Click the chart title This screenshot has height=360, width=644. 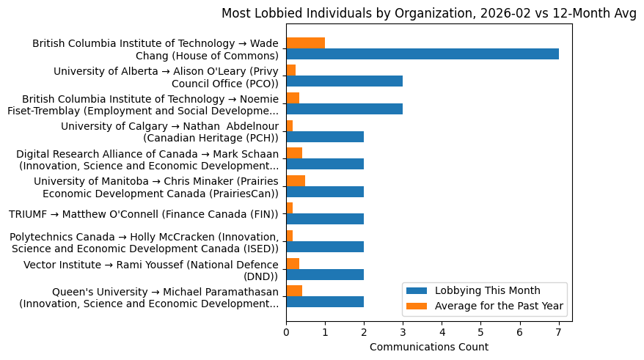tap(429, 13)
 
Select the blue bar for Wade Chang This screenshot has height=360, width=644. tap(422, 54)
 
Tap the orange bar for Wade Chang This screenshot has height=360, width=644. tap(306, 43)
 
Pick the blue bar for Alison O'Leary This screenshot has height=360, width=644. tap(345, 81)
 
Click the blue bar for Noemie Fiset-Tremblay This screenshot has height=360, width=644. tap(345, 109)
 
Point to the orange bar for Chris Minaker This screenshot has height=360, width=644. tap(296, 180)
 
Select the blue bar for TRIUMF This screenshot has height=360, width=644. tap(325, 219)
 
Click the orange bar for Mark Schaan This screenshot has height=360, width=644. tap(294, 153)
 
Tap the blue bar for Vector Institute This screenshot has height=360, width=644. tap(325, 274)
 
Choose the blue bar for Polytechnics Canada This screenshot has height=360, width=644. tap(325, 246)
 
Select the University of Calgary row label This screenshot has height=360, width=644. tap(169, 131)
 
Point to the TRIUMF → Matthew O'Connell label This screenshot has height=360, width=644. tap(144, 214)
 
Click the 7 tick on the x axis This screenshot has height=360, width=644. tap(559, 331)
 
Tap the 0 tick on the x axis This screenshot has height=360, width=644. tap(286, 331)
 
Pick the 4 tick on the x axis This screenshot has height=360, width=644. tap(442, 331)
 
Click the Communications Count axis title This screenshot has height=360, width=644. tap(429, 346)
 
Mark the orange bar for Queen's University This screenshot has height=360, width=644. tap(294, 290)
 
